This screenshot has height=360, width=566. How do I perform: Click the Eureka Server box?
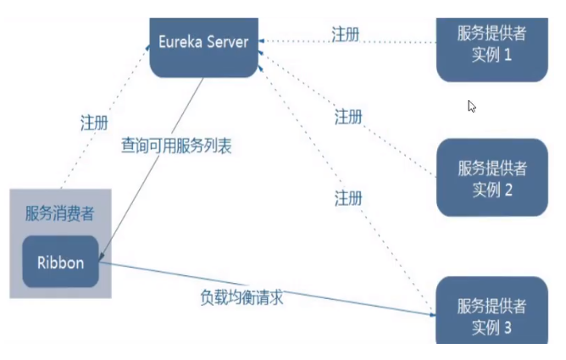click(x=204, y=43)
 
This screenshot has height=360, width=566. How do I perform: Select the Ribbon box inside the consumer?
click(x=60, y=263)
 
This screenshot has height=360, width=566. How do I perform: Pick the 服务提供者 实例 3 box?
click(x=492, y=313)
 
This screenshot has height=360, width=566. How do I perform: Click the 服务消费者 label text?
click(x=59, y=213)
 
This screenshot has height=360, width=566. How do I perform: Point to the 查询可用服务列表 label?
click(x=176, y=146)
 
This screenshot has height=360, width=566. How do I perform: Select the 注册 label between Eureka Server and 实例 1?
click(x=346, y=34)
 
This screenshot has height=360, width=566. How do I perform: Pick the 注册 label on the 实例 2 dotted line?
click(x=348, y=116)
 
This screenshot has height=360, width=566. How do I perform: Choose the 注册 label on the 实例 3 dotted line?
click(x=348, y=198)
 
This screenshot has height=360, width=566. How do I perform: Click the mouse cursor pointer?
click(x=472, y=107)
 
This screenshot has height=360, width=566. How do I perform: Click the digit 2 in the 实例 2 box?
click(x=508, y=189)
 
